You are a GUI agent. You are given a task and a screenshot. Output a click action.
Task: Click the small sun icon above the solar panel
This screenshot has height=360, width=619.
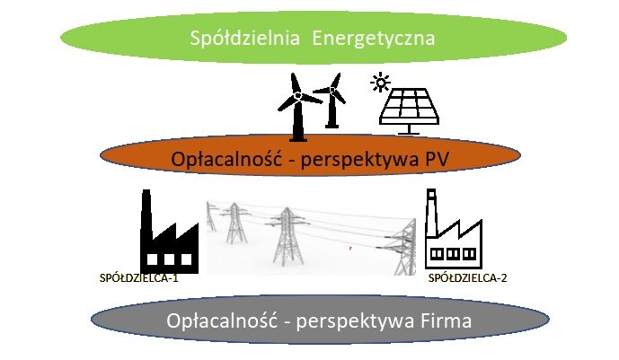coord(381,84)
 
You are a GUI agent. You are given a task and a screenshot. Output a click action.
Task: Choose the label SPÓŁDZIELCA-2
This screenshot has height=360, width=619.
coord(468,278)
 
